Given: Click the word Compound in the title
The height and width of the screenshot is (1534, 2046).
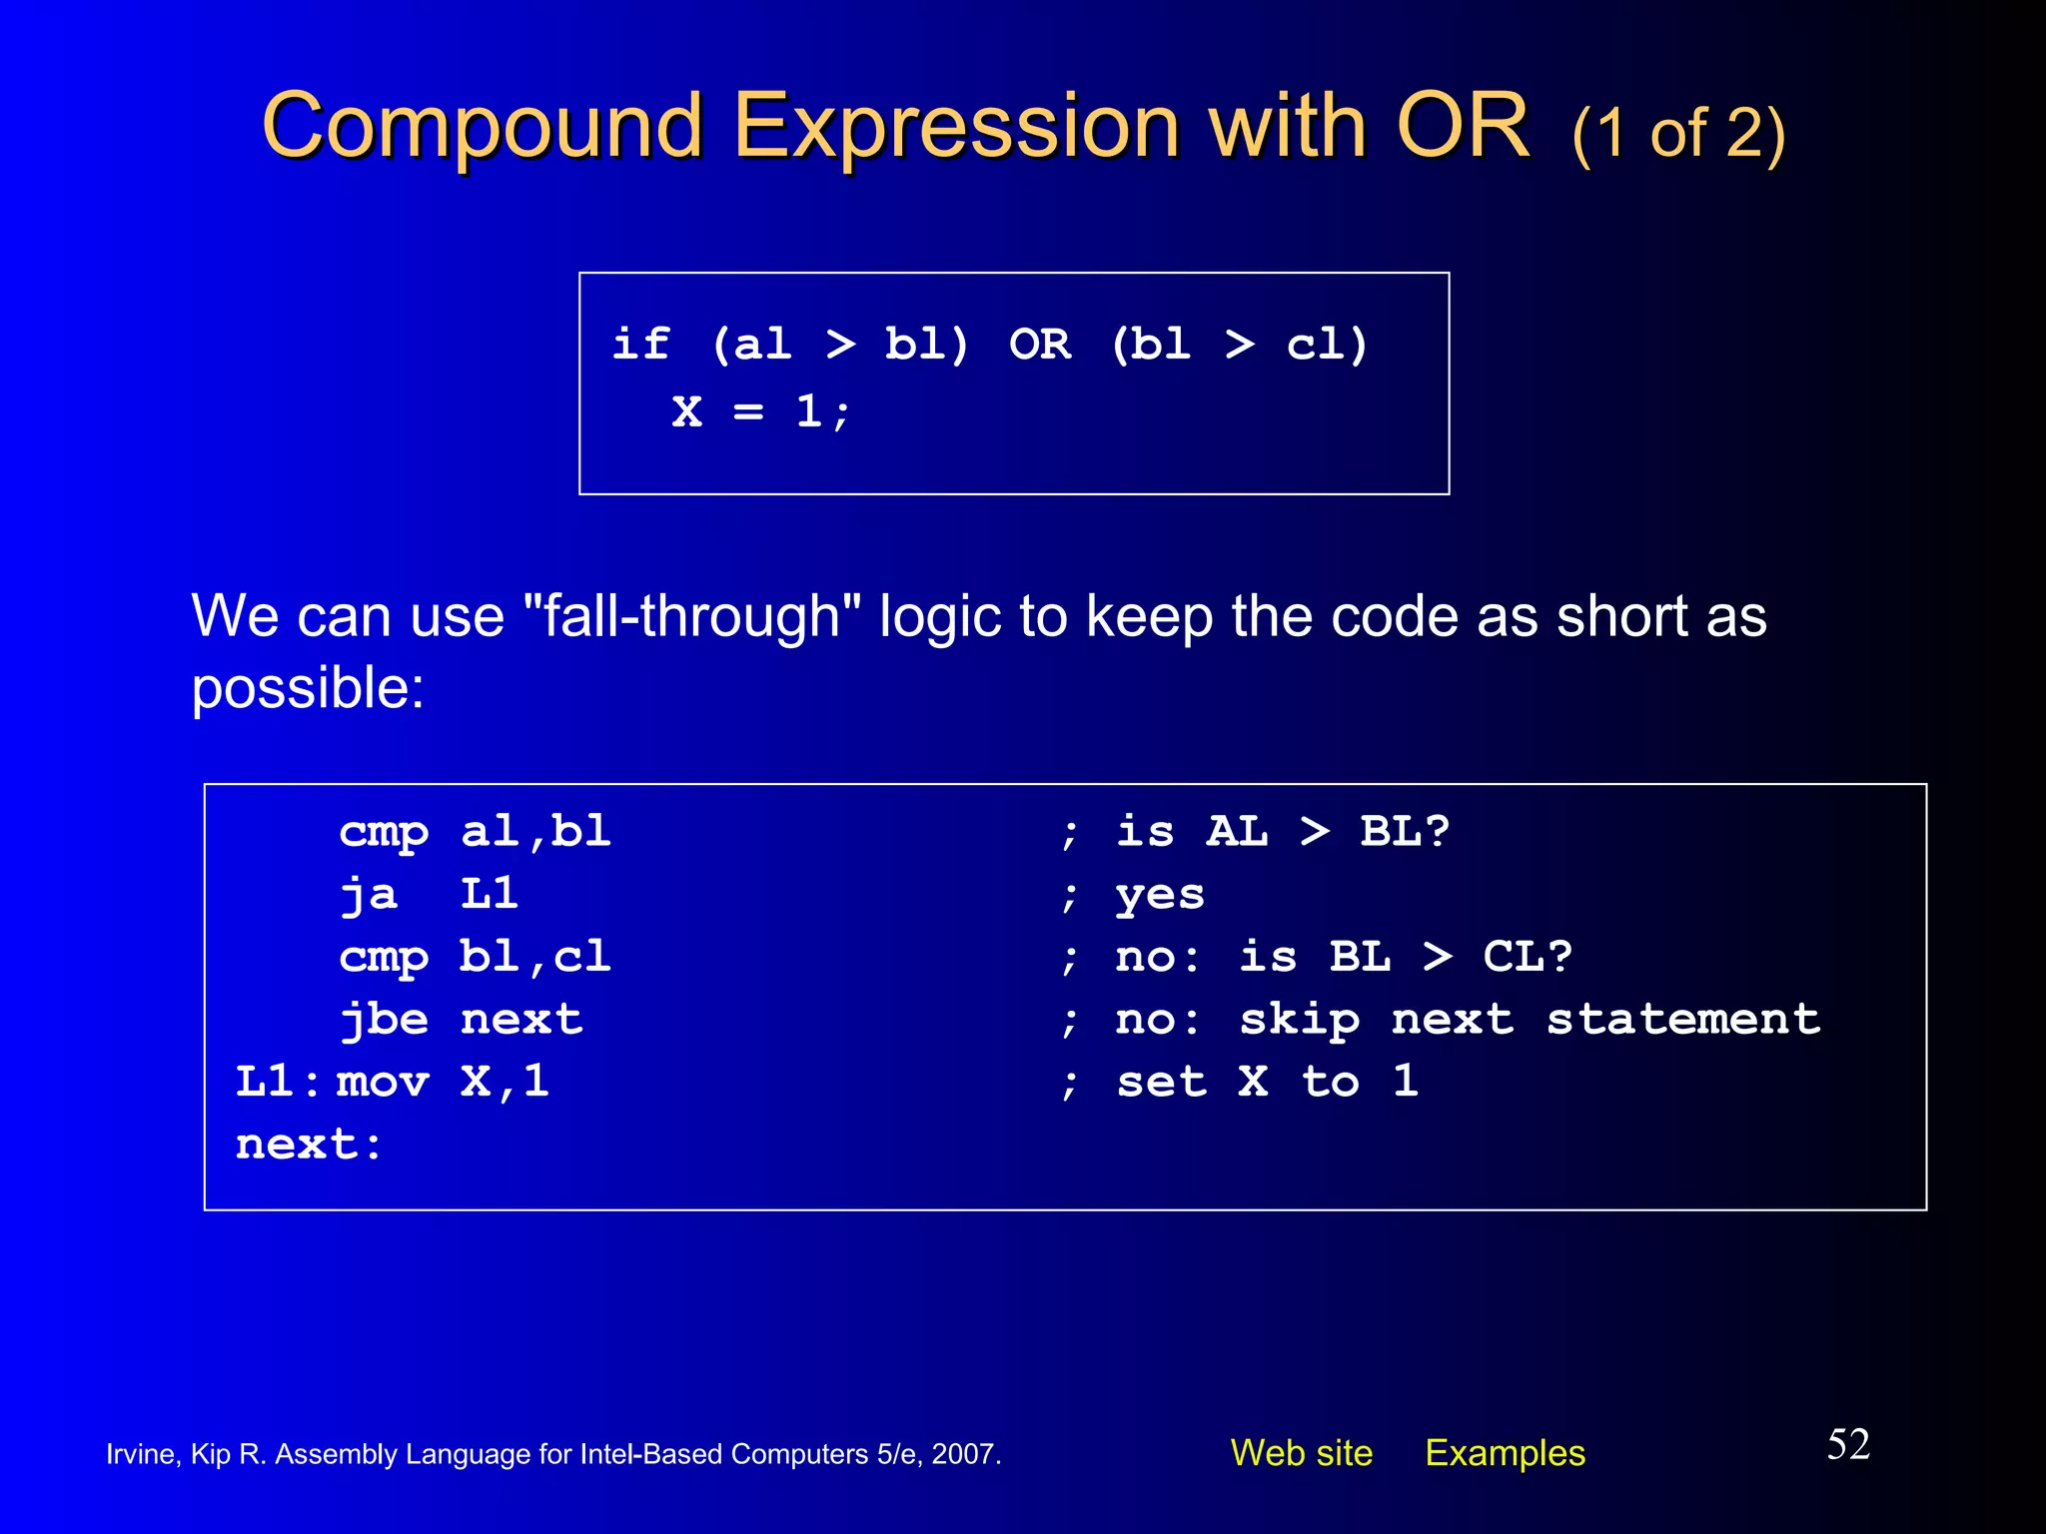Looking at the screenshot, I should [x=484, y=128].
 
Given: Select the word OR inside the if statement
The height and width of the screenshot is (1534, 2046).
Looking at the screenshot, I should [x=1039, y=345].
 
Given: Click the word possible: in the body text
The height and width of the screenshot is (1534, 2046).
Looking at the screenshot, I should [x=308, y=689].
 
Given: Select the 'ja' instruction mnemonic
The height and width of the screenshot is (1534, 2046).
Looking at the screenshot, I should [x=368, y=894].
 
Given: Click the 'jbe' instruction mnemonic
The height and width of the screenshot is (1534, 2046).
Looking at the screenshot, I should [x=384, y=1020].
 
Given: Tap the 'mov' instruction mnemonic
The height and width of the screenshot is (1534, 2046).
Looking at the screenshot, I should [x=383, y=1082].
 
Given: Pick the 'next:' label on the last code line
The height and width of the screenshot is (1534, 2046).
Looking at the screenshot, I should [x=308, y=1145].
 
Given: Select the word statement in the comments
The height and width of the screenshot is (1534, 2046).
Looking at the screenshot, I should [x=1682, y=1020].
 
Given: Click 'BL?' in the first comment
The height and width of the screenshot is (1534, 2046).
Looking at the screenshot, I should [x=1404, y=831].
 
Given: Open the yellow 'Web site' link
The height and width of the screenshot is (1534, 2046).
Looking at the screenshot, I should [x=1301, y=1453].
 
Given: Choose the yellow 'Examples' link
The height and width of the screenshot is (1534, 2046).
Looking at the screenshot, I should [x=1505, y=1453].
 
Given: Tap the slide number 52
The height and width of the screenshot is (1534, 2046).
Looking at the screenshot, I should [x=1848, y=1445].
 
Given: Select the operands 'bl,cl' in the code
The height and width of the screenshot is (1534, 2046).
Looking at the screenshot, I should [x=534, y=957].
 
